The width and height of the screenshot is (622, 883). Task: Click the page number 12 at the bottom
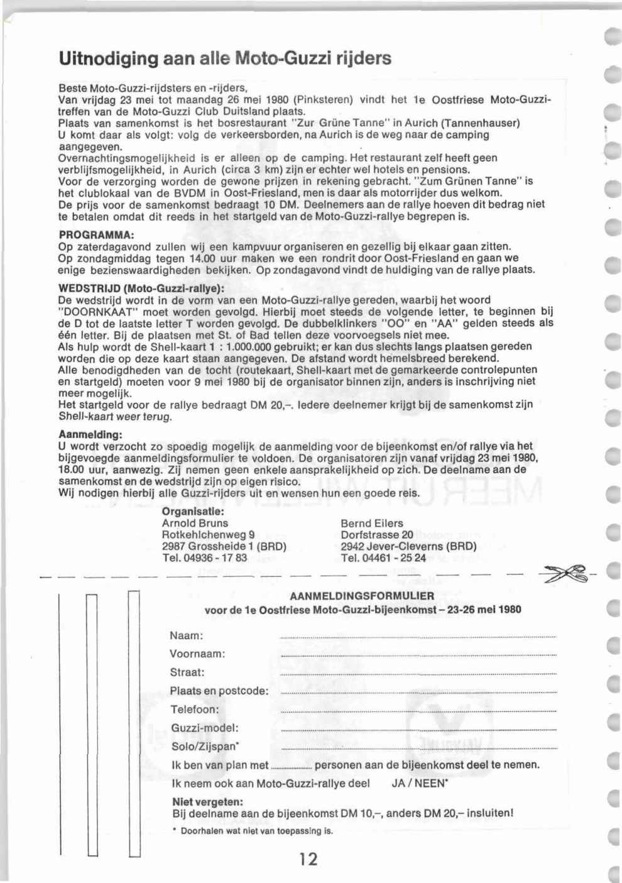[308, 858]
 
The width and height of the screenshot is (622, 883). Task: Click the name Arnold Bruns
[195, 523]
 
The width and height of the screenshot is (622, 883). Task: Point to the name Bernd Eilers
[372, 523]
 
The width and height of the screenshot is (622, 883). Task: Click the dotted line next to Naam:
[418, 638]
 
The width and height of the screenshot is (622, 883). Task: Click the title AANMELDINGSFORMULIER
[363, 596]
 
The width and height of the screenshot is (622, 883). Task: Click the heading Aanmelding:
[90, 435]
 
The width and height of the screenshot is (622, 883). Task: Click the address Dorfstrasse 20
[377, 535]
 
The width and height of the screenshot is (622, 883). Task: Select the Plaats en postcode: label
[219, 691]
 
